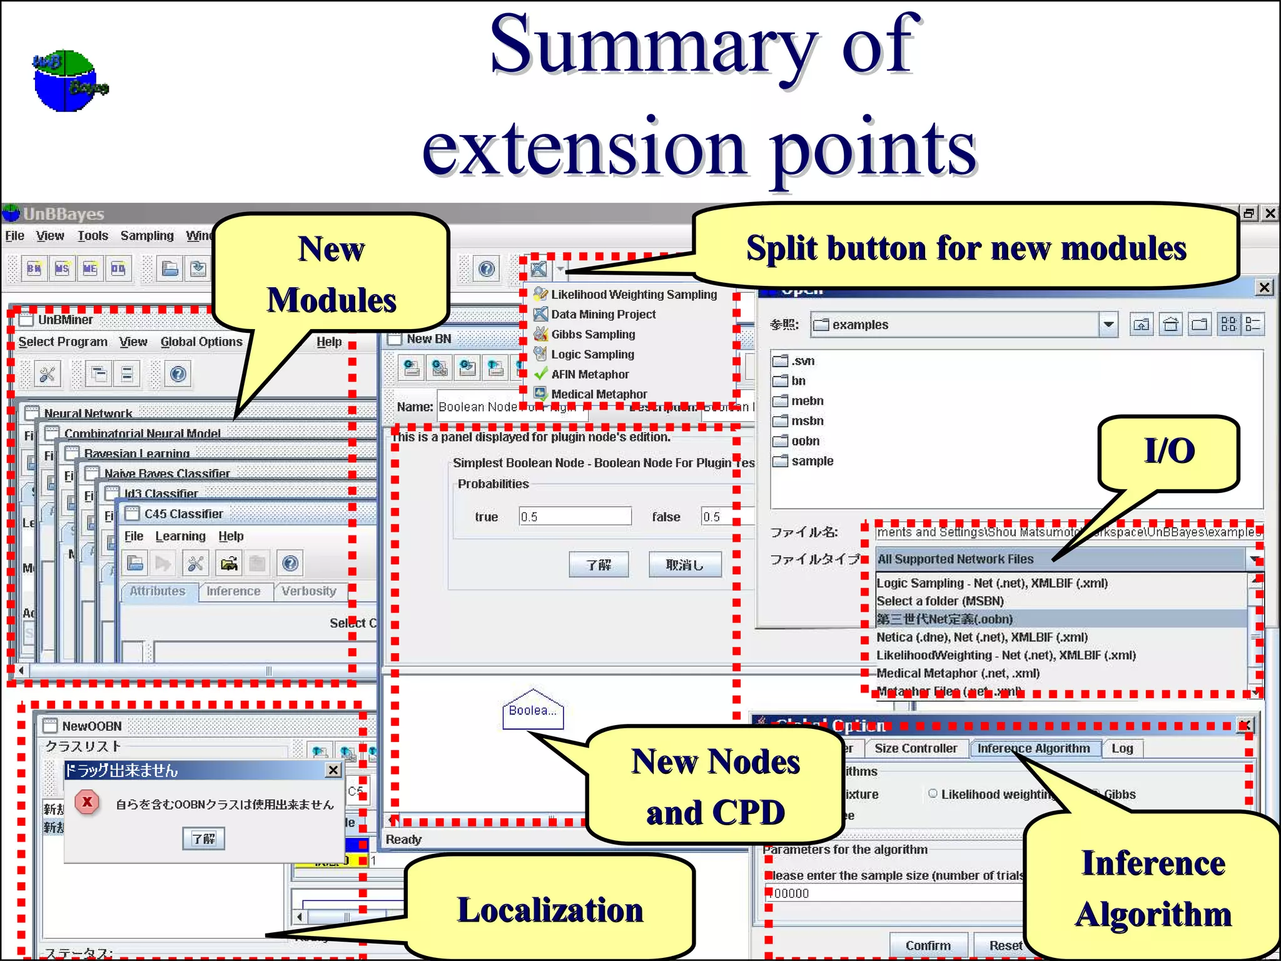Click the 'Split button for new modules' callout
966,248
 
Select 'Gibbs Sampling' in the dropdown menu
592,334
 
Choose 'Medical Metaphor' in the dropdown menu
599,394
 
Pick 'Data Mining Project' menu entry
603,314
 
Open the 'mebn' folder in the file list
807,400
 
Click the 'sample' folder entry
812,460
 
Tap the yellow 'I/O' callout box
1168,451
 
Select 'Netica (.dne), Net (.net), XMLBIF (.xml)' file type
981,637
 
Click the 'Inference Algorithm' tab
1033,748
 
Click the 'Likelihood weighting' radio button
933,793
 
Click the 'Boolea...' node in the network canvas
532,711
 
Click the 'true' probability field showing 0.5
574,516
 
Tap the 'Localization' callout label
550,910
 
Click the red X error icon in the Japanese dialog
88,801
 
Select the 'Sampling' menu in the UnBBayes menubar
147,236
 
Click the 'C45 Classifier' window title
183,514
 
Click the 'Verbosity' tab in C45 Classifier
308,591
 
